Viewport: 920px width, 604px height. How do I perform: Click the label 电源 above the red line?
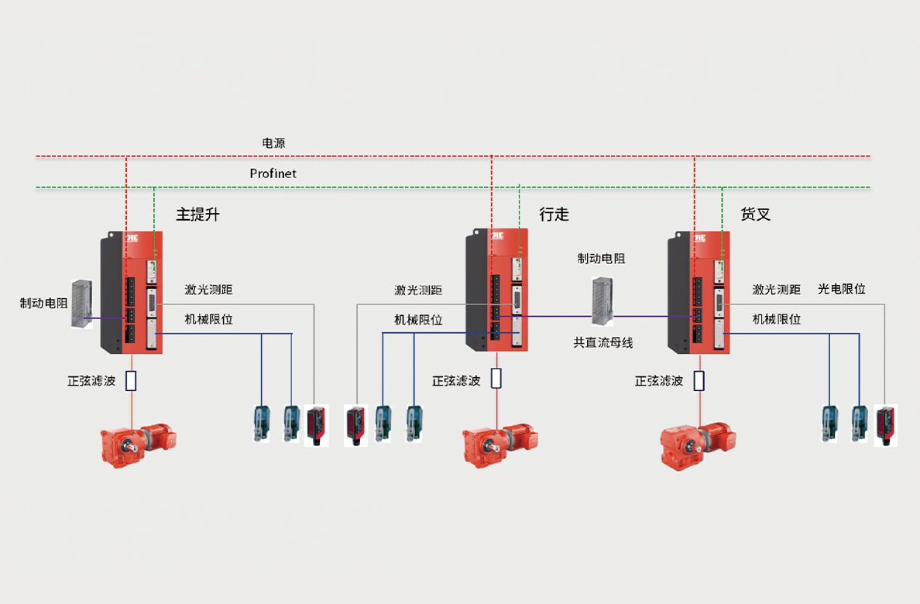pyautogui.click(x=273, y=143)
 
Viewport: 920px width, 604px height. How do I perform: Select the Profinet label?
pyautogui.click(x=273, y=173)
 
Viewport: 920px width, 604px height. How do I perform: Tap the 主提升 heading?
pyautogui.click(x=197, y=214)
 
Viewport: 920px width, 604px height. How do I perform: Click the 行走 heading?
pyautogui.click(x=554, y=214)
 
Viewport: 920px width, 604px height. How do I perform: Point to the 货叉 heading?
pyautogui.click(x=756, y=214)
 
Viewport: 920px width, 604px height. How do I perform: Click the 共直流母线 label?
pyautogui.click(x=602, y=342)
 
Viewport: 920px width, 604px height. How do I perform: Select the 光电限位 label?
pyautogui.click(x=842, y=289)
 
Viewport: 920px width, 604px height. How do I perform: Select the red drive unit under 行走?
pyautogui.click(x=496, y=289)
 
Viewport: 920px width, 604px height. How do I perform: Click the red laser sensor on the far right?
pyautogui.click(x=886, y=424)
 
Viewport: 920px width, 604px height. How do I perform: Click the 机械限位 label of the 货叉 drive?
pyautogui.click(x=777, y=319)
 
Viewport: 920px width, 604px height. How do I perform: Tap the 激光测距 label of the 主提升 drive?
pyautogui.click(x=208, y=290)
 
